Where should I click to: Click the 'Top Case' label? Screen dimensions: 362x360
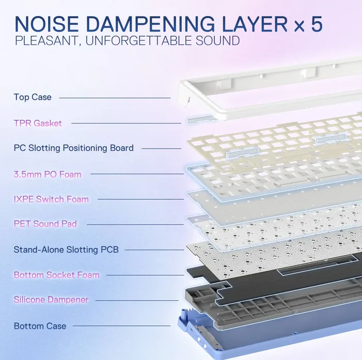pos(33,97)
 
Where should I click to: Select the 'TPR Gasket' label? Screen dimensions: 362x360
pos(38,123)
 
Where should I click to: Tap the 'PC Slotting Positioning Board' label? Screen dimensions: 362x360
pos(74,148)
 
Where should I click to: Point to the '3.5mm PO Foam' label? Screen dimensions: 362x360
pos(48,175)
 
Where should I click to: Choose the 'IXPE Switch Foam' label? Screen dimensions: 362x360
pos(51,199)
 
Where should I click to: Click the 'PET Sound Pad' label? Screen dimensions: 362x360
pos(45,224)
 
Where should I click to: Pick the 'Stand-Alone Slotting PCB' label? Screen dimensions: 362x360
pos(66,249)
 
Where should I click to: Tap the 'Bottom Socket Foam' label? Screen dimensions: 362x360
pos(57,275)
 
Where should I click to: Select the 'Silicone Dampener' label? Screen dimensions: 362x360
pos(51,300)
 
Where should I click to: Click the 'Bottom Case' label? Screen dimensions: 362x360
pos(40,326)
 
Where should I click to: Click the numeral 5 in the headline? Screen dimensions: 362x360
pos(317,24)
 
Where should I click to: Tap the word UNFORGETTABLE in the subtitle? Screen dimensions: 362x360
pos(138,41)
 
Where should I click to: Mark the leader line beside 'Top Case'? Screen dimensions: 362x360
pos(115,98)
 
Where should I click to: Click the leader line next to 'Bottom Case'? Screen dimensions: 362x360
pos(121,326)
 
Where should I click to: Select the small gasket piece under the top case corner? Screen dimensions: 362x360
pos(200,119)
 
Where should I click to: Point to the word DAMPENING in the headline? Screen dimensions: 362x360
pos(151,24)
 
